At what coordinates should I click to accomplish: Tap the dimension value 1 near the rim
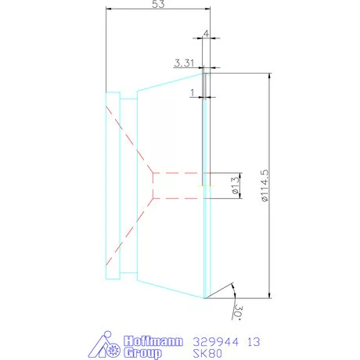point(192,92)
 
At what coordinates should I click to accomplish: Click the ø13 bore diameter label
point(234,185)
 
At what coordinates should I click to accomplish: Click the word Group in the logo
point(144,353)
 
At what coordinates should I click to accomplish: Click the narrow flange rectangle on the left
point(113,185)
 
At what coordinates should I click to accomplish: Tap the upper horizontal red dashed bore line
point(178,172)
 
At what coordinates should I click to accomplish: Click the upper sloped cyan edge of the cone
point(171,80)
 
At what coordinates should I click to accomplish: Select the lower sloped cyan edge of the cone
point(171,290)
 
